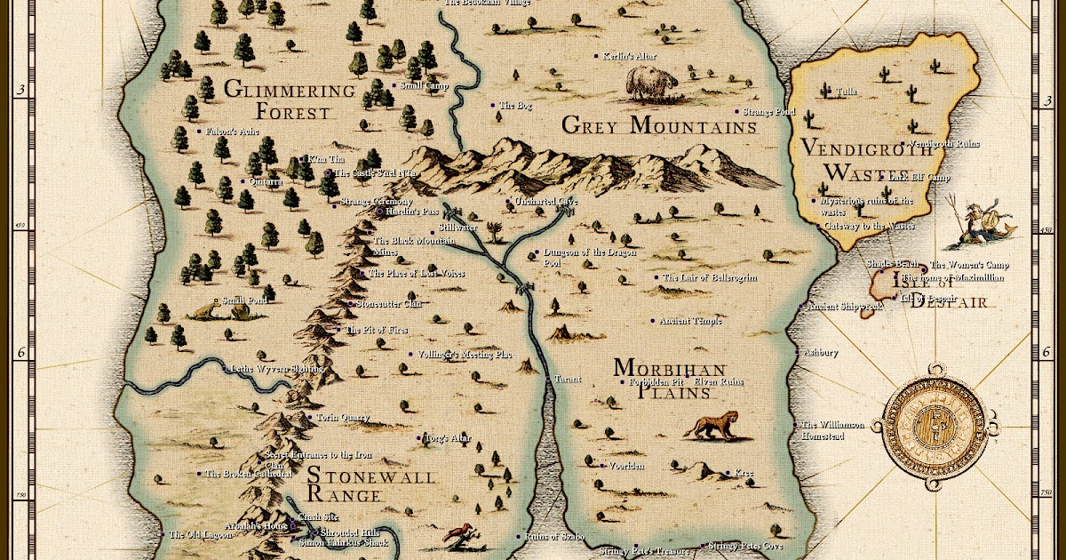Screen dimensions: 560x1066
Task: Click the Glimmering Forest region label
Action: (x=290, y=100)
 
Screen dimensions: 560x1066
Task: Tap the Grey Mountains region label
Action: (x=659, y=126)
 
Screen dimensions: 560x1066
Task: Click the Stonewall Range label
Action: (x=370, y=487)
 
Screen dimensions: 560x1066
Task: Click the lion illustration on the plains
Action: (x=711, y=427)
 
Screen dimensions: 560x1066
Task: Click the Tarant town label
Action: (x=568, y=380)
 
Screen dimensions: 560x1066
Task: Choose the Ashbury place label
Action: (x=820, y=353)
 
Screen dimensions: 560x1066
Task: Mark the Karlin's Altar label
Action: (x=629, y=56)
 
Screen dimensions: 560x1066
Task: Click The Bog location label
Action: (x=514, y=106)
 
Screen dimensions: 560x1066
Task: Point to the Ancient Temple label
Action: (x=689, y=321)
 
